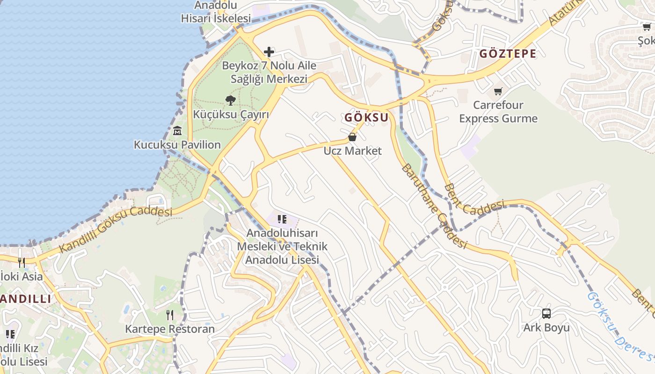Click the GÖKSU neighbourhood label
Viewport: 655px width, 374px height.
tap(367, 118)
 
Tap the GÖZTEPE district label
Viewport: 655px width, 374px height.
tap(508, 54)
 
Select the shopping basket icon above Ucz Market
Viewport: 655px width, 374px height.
tap(352, 137)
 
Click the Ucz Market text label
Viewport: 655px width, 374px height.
tap(352, 151)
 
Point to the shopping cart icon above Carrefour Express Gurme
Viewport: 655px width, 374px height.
tap(498, 91)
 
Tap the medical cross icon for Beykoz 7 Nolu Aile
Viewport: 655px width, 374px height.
tap(269, 51)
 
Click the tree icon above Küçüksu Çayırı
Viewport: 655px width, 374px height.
tap(230, 100)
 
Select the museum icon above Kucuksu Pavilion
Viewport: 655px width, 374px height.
tap(177, 130)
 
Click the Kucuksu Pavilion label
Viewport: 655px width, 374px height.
tap(177, 145)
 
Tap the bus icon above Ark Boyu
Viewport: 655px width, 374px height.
tap(546, 314)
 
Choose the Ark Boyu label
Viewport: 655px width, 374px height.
tap(546, 328)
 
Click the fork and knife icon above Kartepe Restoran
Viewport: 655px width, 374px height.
tap(170, 315)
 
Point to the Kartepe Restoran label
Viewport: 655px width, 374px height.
tap(170, 329)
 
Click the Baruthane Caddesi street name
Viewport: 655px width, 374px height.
tap(434, 206)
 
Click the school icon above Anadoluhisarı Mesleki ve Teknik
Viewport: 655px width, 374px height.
tap(282, 219)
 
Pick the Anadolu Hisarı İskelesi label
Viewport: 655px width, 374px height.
tap(216, 12)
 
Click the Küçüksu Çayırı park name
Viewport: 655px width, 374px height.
tap(231, 115)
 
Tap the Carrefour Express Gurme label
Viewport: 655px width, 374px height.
tap(498, 112)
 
